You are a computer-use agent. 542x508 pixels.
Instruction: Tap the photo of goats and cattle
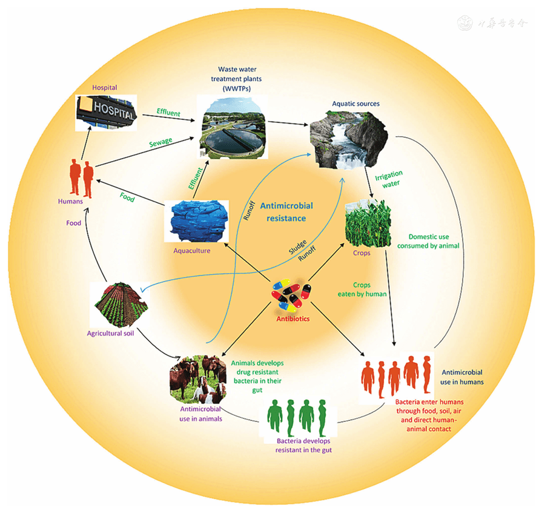tap(197, 379)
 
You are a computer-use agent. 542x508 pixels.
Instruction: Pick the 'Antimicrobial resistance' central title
tap(289, 211)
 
